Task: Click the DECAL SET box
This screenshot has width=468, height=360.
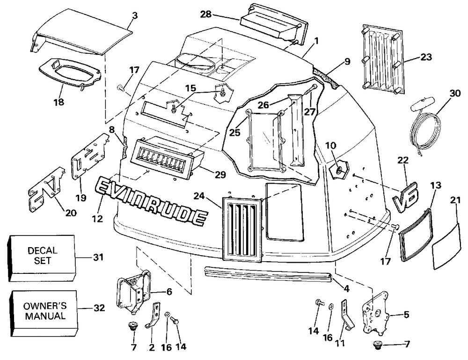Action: point(41,258)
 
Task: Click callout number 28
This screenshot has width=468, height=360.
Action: point(205,14)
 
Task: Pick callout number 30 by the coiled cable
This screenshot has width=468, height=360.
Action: point(455,93)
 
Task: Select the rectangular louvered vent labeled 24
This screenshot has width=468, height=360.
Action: point(242,229)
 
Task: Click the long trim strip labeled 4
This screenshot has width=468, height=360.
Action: point(269,274)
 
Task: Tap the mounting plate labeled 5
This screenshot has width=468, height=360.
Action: point(375,314)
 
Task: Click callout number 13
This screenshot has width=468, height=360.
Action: point(436,185)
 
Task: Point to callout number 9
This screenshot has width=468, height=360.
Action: point(347,61)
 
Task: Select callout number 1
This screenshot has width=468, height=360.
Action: point(316,41)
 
